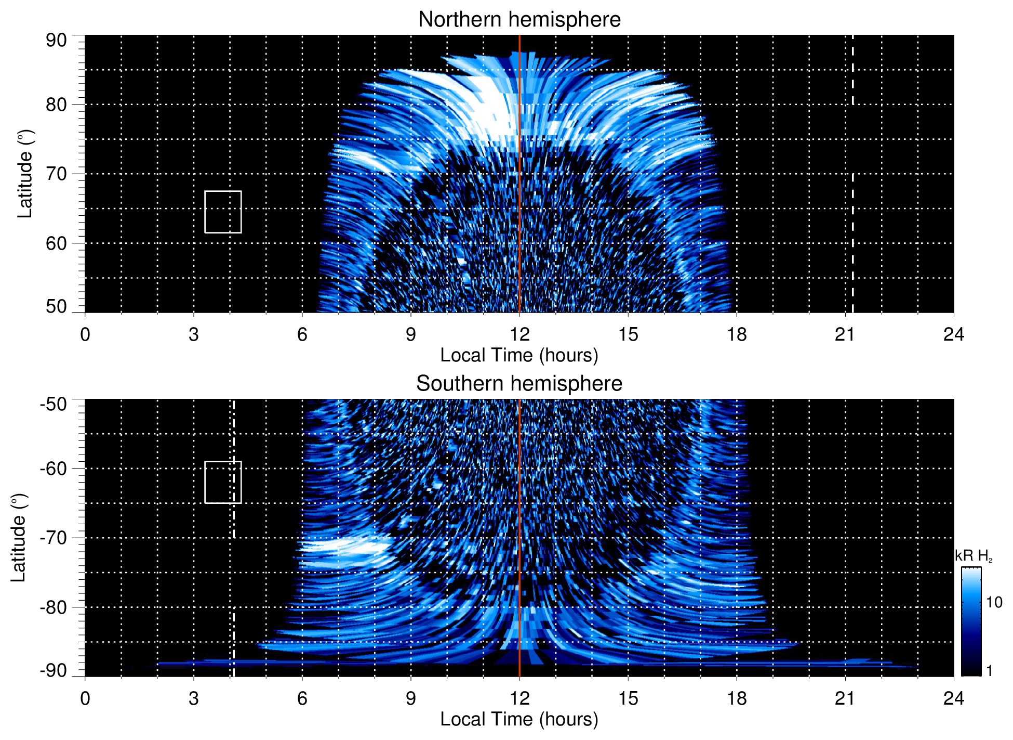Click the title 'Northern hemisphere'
tap(519, 20)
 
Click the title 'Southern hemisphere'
tap(519, 384)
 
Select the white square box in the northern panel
tap(223, 212)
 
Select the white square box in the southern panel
tap(223, 482)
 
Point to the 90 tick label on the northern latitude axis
tap(56, 41)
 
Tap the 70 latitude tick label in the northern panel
tap(56, 174)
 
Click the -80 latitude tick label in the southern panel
tap(53, 607)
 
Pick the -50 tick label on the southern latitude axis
tap(53, 404)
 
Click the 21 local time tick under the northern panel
tap(845, 334)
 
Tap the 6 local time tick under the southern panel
tap(302, 698)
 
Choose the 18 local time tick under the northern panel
tap(737, 334)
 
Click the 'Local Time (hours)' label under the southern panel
tap(519, 719)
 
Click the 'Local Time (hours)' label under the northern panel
tap(519, 355)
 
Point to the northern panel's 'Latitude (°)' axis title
tap(25, 174)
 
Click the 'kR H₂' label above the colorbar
tap(974, 556)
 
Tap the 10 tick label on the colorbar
tap(994, 603)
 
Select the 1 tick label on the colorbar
tap(989, 671)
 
